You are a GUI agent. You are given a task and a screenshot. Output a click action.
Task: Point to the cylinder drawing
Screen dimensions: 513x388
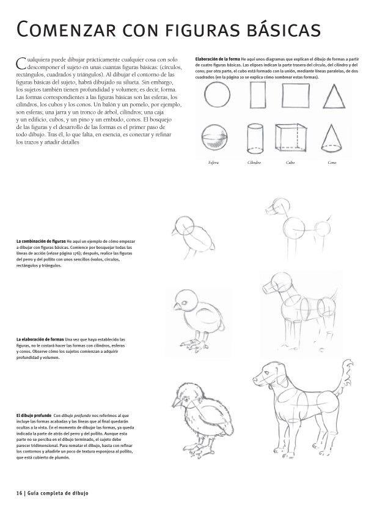(255, 139)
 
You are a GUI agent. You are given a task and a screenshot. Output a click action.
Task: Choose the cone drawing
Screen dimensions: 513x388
(333, 139)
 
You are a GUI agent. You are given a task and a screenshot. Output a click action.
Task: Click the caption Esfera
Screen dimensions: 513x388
(213, 163)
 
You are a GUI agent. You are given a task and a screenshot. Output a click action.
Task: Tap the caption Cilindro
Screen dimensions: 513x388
(254, 163)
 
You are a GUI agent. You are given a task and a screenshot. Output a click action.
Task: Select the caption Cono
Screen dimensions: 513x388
(332, 163)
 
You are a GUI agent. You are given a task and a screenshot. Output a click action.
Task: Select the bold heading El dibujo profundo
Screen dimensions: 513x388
(34, 416)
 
